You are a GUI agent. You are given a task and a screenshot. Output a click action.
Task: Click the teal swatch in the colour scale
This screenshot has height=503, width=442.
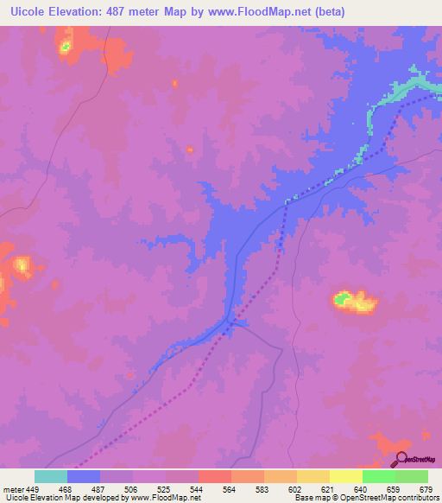[x=51, y=476]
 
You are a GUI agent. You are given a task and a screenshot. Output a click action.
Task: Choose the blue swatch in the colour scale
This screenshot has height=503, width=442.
[x=84, y=476]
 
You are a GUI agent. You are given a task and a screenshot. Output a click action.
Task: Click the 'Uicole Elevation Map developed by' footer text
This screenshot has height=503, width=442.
[x=60, y=498]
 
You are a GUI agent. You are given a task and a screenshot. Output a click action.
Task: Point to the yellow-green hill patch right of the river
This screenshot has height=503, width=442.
[x=355, y=302]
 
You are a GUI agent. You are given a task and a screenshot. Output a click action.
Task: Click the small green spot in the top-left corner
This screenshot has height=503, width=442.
[x=64, y=48]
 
